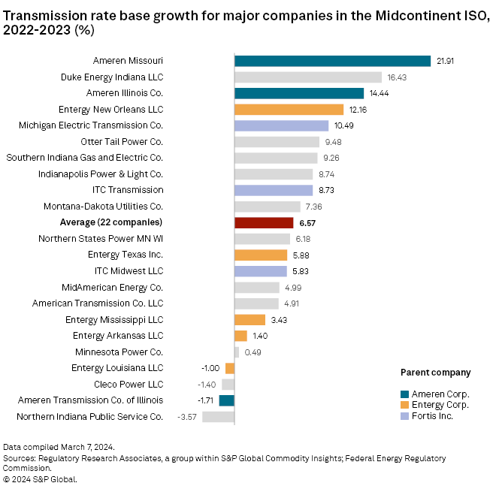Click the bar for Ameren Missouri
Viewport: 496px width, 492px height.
pos(332,61)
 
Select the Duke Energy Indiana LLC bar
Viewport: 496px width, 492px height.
pos(308,77)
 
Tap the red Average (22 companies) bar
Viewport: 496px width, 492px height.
pos(264,222)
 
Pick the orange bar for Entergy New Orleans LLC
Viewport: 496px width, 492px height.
pos(289,110)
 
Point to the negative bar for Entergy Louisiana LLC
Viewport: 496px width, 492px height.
pos(230,368)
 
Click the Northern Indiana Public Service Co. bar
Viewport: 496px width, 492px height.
pos(218,416)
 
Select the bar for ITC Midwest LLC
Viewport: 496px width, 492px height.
pos(261,270)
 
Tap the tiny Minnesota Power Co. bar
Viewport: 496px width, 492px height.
pos(237,352)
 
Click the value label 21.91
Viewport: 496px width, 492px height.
pos(445,61)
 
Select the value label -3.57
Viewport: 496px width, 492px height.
pos(187,416)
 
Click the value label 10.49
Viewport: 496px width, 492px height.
pos(344,125)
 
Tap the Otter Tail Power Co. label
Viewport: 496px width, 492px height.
pos(122,141)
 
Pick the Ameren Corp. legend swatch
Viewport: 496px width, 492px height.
pos(405,394)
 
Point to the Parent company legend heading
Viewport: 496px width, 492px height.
pos(435,372)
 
